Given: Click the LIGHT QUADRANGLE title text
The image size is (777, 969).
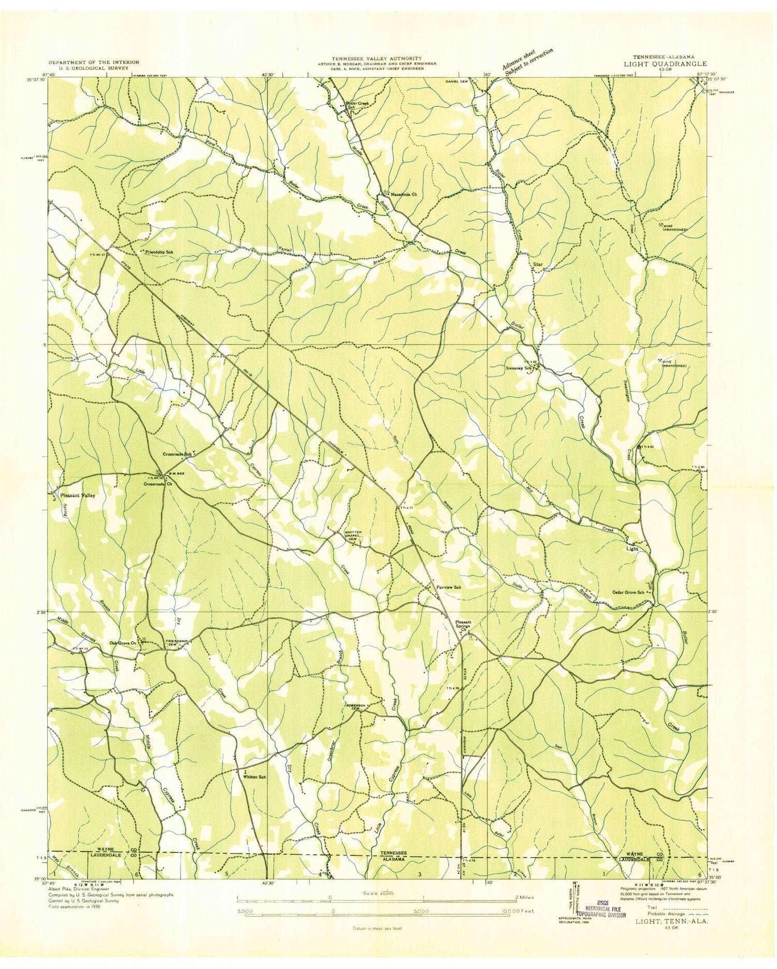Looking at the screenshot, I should [669, 64].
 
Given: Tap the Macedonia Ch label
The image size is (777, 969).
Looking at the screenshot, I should [404, 194].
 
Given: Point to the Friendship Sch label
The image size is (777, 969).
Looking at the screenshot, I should [159, 252].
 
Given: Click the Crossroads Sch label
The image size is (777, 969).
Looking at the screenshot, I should [177, 454].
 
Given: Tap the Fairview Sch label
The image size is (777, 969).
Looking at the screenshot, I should [449, 588].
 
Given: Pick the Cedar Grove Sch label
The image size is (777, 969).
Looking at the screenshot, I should [628, 592].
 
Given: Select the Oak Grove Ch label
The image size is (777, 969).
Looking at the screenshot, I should [123, 643].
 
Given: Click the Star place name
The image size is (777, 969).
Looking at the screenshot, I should [538, 264].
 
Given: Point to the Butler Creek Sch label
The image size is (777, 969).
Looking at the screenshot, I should [357, 105].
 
